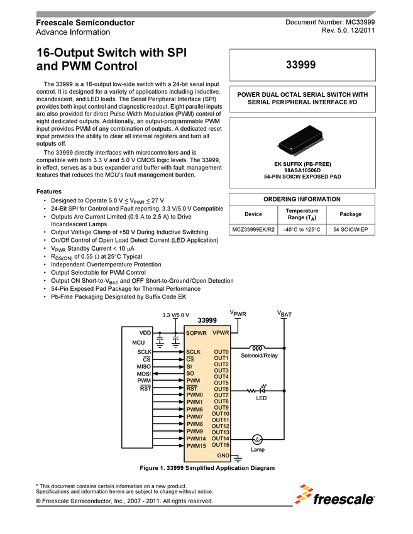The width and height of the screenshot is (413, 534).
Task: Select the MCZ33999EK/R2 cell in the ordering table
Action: [x=253, y=230]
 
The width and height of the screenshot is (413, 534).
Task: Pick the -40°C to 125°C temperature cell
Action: [x=302, y=230]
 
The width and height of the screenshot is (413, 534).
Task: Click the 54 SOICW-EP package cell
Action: [x=351, y=230]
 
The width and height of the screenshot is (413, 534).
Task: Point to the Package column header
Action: [x=351, y=214]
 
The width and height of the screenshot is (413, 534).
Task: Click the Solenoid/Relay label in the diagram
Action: [x=259, y=356]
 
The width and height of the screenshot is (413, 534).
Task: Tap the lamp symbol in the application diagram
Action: [x=257, y=439]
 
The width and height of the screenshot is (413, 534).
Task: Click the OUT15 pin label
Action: [x=220, y=445]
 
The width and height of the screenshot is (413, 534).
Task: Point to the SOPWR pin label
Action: [x=196, y=333]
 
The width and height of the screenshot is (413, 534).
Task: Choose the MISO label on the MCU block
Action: [x=143, y=366]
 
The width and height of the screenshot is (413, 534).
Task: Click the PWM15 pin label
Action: [x=196, y=445]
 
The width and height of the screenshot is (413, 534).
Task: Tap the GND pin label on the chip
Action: [x=223, y=454]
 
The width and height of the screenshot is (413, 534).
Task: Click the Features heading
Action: [x=49, y=191]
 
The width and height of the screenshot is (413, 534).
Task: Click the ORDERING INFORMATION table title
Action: [x=302, y=199]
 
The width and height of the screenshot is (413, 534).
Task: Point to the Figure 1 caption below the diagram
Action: [x=207, y=468]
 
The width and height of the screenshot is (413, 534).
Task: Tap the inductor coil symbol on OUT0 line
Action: [x=257, y=347]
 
